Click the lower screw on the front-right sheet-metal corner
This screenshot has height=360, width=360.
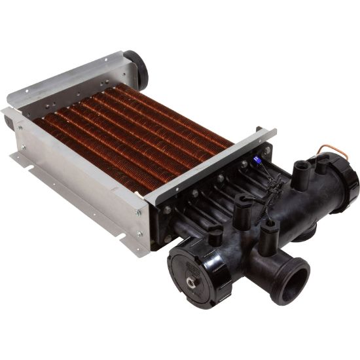[x=139, y=234]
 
